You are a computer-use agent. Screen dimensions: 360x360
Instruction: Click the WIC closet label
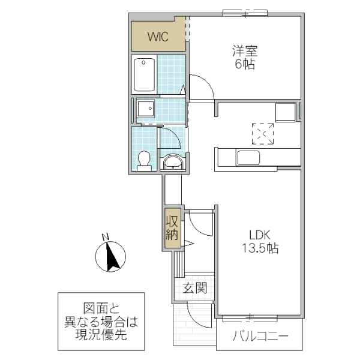coord(158,37)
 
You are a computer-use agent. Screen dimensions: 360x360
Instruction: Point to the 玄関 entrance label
coord(195,289)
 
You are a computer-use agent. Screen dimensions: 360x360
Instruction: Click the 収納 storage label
coord(173,227)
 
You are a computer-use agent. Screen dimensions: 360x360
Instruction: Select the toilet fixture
coord(144,160)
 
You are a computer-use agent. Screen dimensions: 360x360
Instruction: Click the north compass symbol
coord(110,257)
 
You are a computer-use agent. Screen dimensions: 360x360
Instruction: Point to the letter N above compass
coord(104,236)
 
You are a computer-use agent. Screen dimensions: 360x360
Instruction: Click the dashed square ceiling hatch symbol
coord(262,134)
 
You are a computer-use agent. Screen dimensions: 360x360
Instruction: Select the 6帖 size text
coord(244,64)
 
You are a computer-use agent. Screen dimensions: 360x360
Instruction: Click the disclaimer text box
coord(101,321)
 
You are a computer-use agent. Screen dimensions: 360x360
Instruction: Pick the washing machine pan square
coord(145,109)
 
